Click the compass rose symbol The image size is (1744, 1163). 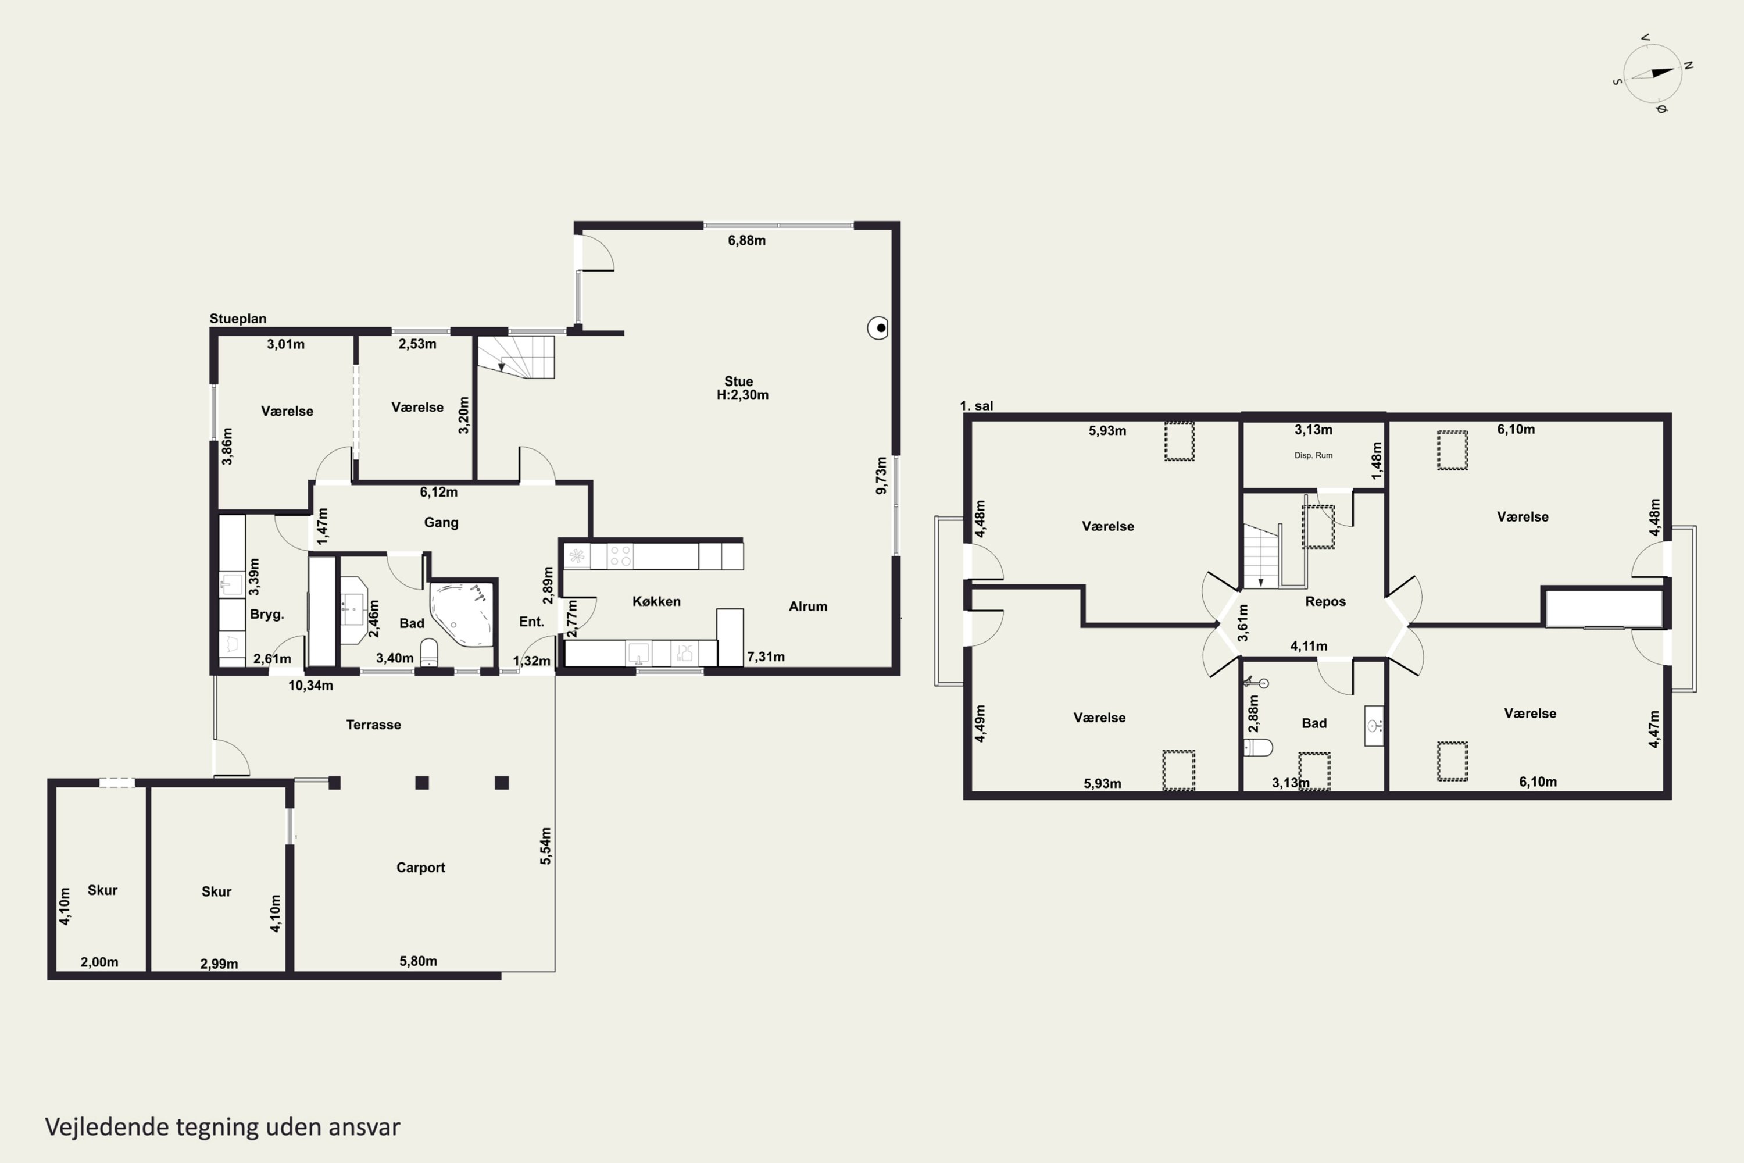[1653, 73]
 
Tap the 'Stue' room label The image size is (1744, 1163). [738, 381]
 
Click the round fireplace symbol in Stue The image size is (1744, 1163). [878, 328]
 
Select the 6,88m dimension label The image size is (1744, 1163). [746, 240]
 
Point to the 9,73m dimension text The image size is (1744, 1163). [881, 476]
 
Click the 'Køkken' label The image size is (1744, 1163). [656, 601]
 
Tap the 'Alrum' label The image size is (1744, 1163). [808, 606]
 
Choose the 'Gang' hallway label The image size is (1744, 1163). [441, 523]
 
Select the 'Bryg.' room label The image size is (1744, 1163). [267, 614]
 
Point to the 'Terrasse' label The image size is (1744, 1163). [374, 725]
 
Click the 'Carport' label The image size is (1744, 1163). [420, 867]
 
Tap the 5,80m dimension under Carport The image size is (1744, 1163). [418, 961]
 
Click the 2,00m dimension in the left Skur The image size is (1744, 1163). [99, 962]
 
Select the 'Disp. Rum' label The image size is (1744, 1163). [1313, 455]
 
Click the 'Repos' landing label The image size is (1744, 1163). [1325, 601]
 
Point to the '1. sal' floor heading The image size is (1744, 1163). [976, 406]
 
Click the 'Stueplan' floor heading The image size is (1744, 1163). [237, 319]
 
